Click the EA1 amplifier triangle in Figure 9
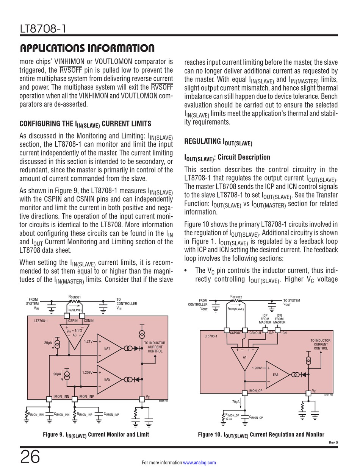point(108,348)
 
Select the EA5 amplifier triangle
point(108,379)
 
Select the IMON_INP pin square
point(75,398)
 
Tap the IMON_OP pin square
point(244,393)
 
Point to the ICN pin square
point(278,330)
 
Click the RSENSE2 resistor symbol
point(236,301)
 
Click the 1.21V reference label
point(88,341)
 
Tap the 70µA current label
point(236,401)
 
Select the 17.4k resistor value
point(229,419)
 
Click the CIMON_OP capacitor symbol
point(244,416)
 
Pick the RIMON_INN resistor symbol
point(26,414)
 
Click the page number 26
point(30,457)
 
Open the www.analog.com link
point(199,462)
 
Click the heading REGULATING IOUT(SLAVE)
point(218,142)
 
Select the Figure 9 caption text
point(96,434)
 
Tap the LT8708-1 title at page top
point(41,28)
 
